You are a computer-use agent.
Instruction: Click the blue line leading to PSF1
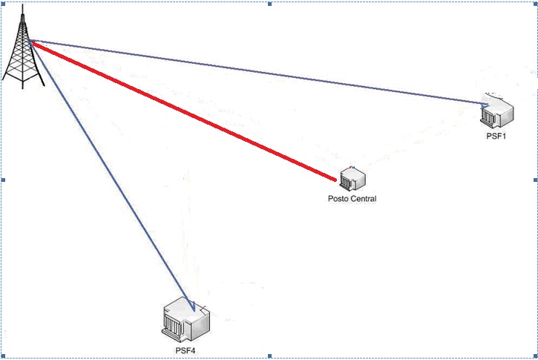(x=260, y=72)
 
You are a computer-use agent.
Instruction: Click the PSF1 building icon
(x=497, y=112)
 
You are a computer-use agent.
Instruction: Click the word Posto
(x=338, y=199)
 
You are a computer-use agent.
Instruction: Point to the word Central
(x=363, y=199)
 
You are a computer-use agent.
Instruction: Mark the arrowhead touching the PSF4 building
(x=191, y=306)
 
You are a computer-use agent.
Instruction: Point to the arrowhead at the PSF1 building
(x=485, y=104)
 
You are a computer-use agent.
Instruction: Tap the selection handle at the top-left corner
(x=4, y=4)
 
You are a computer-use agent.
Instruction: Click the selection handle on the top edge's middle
(x=269, y=4)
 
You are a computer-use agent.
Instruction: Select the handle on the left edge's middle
(x=4, y=180)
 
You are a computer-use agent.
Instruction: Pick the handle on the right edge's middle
(x=534, y=180)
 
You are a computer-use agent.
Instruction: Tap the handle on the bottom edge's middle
(x=269, y=357)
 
